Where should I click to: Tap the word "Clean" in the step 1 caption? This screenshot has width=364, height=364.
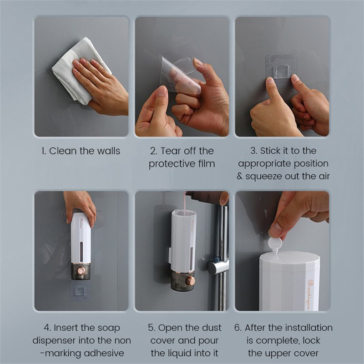(63, 151)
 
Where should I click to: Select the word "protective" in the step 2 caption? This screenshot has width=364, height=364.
(172, 164)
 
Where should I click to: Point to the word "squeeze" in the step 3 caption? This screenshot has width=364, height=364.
(264, 177)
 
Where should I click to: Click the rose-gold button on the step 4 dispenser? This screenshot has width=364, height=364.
(81, 271)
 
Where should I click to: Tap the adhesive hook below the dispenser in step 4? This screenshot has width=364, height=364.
(80, 291)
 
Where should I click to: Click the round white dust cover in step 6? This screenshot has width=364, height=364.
(275, 244)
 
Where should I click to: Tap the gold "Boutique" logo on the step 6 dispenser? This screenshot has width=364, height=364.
(310, 295)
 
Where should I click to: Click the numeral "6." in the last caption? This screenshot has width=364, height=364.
(238, 328)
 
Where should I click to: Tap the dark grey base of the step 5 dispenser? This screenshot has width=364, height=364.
(182, 281)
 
